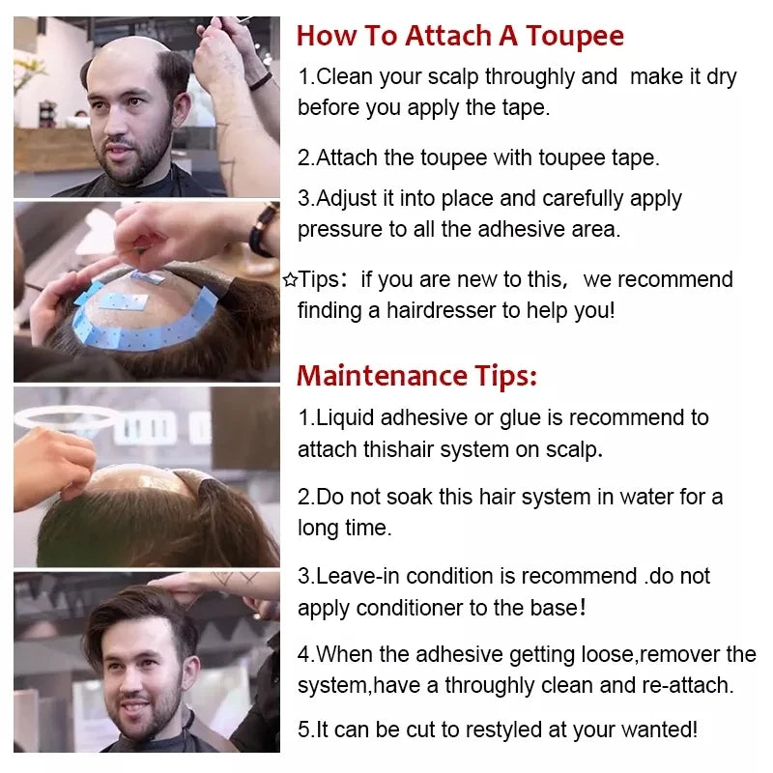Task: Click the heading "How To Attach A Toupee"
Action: [x=460, y=37]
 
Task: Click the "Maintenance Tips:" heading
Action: [x=416, y=375]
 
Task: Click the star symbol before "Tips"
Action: [x=289, y=280]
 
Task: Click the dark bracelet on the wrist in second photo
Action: [x=262, y=232]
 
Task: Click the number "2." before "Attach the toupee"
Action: [x=306, y=157]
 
